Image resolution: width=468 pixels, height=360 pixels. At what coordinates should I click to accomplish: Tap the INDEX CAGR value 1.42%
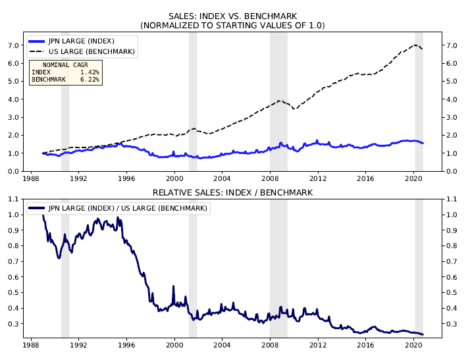click(x=89, y=72)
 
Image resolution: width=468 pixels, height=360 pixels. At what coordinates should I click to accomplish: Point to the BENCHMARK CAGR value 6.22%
click(x=89, y=80)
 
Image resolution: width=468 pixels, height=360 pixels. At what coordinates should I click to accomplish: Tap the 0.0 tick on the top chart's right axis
click(x=451, y=171)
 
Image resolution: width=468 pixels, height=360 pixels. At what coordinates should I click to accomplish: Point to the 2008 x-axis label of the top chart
click(x=270, y=178)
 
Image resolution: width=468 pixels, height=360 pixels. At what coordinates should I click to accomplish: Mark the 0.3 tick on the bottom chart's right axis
click(x=451, y=324)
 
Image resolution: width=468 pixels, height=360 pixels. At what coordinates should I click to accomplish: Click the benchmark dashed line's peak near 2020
click(x=415, y=45)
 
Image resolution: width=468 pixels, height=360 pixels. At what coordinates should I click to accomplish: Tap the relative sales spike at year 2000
click(x=174, y=287)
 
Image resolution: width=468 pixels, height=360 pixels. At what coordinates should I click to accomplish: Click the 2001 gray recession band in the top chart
click(x=193, y=99)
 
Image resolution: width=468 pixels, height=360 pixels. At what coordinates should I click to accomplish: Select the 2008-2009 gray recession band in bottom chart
click(x=278, y=263)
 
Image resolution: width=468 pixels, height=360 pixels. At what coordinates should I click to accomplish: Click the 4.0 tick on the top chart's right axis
click(x=451, y=99)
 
